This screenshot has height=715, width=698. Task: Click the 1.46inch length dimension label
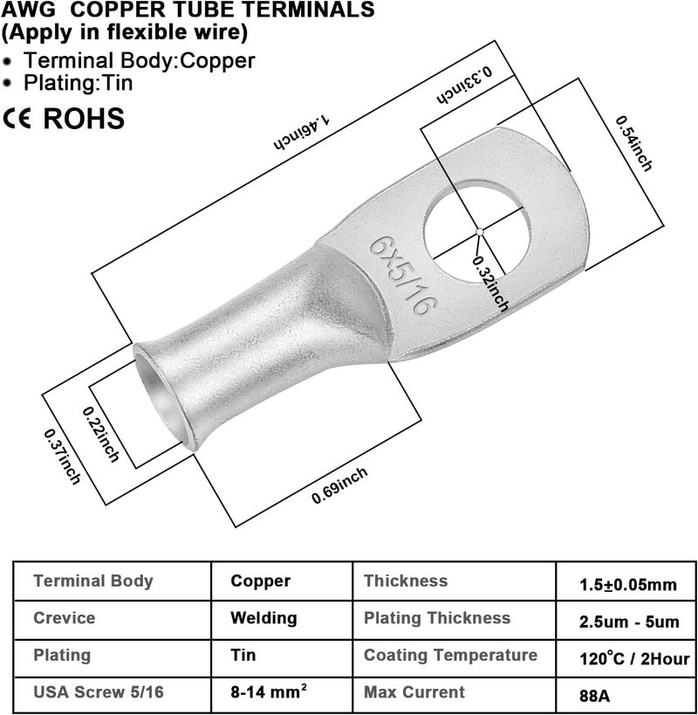tap(302, 132)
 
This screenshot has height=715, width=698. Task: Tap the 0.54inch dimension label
tap(634, 143)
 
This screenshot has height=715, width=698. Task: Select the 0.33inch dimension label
tap(465, 85)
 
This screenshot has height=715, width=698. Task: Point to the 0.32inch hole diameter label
tap(490, 284)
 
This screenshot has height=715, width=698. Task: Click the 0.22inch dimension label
tap(100, 434)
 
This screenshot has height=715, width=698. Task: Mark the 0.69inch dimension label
tap(340, 485)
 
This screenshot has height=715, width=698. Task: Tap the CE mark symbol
tap(17, 119)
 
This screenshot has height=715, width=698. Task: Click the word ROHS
tap(84, 119)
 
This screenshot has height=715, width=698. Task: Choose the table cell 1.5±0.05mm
tap(628, 585)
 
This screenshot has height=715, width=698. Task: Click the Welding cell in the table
tap(263, 618)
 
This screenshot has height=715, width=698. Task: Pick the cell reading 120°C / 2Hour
tap(634, 658)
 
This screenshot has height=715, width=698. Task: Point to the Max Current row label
tap(414, 691)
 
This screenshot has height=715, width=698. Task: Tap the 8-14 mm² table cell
tap(269, 691)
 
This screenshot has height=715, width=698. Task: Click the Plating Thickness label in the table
tap(437, 618)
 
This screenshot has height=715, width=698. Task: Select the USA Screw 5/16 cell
tap(99, 691)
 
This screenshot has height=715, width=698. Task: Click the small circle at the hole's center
tap(479, 232)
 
